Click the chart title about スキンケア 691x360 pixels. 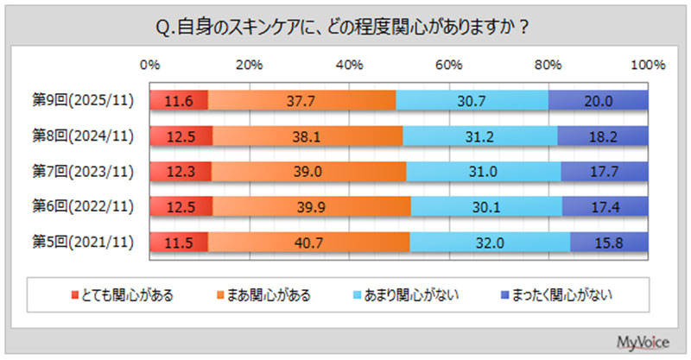[345, 28]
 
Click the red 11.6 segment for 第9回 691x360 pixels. [179, 100]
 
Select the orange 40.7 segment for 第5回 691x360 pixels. [308, 243]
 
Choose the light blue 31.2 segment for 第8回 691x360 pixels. [479, 136]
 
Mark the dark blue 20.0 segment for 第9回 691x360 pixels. [598, 100]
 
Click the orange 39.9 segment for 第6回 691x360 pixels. [311, 207]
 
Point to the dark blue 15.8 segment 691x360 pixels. [609, 243]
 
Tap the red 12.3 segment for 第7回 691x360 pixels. [181, 172]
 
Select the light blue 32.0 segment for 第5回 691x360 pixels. [490, 243]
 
